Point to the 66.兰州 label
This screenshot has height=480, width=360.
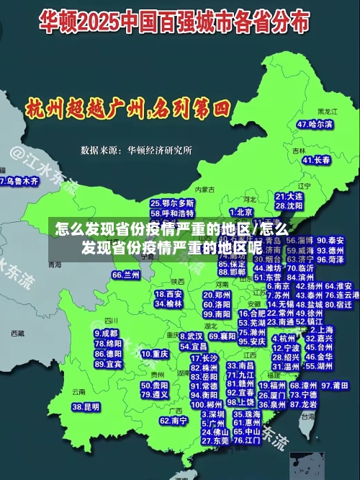point(126,275)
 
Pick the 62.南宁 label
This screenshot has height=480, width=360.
point(174,420)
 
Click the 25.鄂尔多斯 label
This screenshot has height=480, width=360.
point(172,204)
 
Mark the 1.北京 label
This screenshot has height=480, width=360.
point(240,212)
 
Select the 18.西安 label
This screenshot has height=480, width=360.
point(168,294)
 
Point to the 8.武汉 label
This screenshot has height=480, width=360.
point(191,336)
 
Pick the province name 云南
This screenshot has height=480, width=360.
point(78,392)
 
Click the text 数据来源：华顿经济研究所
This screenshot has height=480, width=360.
point(136,151)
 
